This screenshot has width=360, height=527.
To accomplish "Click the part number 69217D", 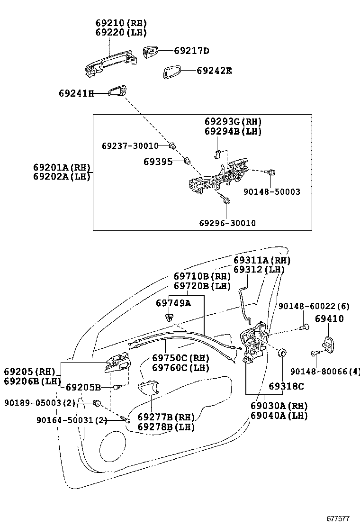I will [x=191, y=50].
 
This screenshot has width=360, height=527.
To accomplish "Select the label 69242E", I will [x=214, y=71].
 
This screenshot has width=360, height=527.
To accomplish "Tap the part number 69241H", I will [x=76, y=93].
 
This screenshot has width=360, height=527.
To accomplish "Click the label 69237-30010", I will [x=130, y=146].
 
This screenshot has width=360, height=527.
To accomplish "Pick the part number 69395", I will [x=158, y=162].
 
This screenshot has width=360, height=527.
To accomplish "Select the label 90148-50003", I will [x=272, y=192].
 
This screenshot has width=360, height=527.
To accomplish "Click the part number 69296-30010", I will [x=227, y=223].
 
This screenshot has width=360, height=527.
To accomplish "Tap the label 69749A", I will [x=173, y=302].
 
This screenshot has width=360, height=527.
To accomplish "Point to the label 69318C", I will [x=286, y=386].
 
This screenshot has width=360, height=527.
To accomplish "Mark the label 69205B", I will [x=83, y=387].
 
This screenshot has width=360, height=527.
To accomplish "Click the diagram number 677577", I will [x=338, y=519].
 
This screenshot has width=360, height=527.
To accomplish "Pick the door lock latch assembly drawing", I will [x=254, y=344].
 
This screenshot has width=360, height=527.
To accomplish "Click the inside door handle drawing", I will [x=117, y=363].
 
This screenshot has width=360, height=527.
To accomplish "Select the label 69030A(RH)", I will [x=279, y=406].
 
